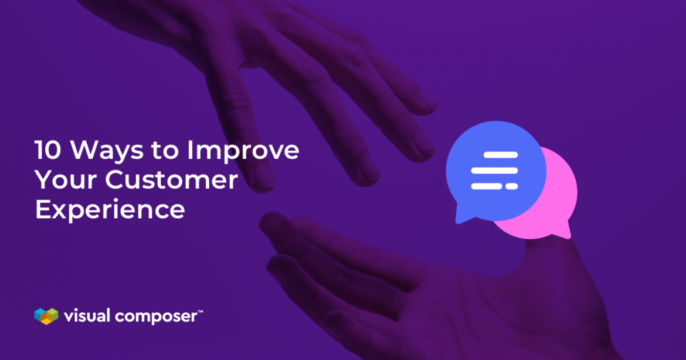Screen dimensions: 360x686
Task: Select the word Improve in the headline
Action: [243, 151]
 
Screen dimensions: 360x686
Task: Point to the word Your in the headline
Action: [65, 180]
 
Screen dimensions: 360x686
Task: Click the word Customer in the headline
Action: [171, 180]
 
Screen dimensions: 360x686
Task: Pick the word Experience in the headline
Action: [110, 209]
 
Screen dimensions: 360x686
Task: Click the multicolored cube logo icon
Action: [46, 316]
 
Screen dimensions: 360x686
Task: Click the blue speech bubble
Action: [495, 170]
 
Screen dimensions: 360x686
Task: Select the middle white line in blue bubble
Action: [494, 171]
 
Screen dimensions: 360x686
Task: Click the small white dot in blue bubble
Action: [512, 186]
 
